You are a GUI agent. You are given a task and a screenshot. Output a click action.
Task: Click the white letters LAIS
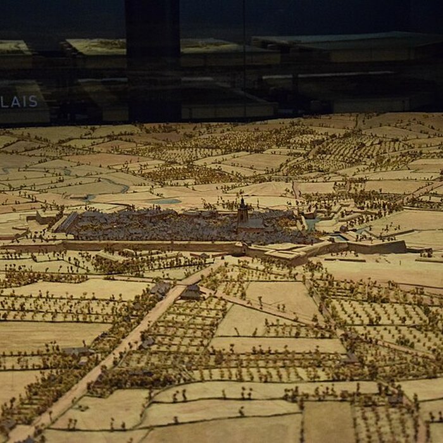19,102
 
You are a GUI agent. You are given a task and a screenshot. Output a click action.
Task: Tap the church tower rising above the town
242,211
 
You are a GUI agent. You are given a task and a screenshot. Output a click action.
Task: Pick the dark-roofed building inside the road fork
191,292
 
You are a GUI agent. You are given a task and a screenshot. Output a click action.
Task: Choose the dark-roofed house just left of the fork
161,289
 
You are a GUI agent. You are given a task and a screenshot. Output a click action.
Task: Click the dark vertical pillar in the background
152,57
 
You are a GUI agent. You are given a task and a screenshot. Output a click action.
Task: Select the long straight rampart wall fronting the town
152,246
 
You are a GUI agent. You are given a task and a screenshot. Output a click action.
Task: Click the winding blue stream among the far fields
114,184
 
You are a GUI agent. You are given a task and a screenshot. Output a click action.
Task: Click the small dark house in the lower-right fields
396,400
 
